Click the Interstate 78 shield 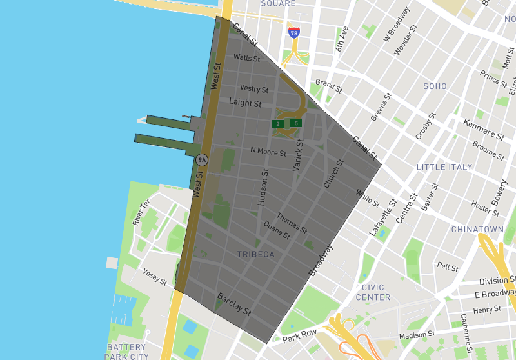coord(294,32)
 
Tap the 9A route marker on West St coord(202,159)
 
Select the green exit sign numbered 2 coord(278,123)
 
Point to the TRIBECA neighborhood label coord(255,254)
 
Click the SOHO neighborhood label coord(435,86)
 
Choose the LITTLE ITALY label coord(444,167)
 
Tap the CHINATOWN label coord(477,230)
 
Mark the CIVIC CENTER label coord(373,292)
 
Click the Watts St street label coord(246,58)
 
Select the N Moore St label coord(268,150)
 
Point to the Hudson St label coord(262,188)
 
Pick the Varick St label coord(298,155)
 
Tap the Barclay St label coord(233,303)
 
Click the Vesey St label coord(155,277)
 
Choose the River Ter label coord(141,212)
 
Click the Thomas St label coord(292,223)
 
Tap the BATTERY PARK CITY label coord(126,352)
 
